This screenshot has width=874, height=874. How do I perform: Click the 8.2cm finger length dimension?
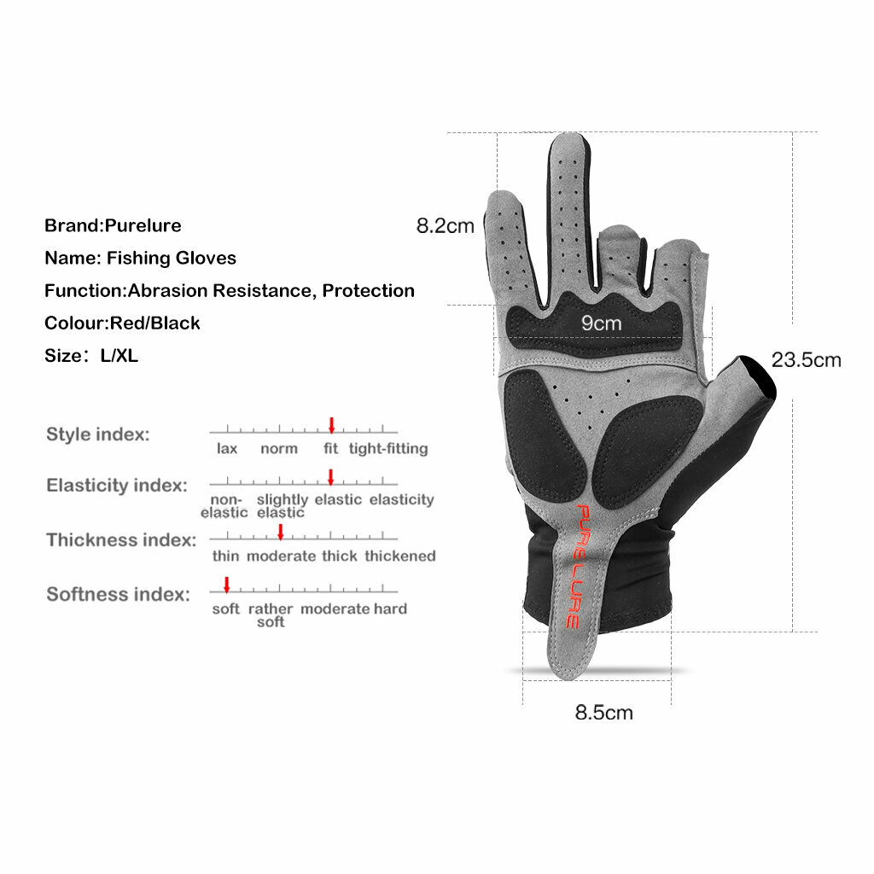tap(445, 225)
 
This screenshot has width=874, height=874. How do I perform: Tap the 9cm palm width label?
tap(601, 323)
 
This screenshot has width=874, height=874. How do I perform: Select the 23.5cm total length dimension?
tap(806, 360)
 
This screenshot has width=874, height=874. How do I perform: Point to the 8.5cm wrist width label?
tap(603, 713)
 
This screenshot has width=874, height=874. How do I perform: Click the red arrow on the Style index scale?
tap(332, 425)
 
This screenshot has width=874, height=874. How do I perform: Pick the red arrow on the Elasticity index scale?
tap(330, 477)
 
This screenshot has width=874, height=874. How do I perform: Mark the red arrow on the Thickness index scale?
tap(280, 532)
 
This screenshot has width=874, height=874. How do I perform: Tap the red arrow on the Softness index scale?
tap(227, 586)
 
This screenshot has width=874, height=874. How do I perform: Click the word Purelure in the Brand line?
tap(143, 225)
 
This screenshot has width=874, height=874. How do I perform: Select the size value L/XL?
tap(119, 356)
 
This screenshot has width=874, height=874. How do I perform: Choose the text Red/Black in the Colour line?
tap(155, 323)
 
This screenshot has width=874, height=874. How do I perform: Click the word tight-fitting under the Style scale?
tap(388, 449)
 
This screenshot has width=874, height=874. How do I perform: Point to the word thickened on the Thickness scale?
tap(400, 556)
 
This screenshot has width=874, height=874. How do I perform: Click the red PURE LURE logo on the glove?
tap(577, 567)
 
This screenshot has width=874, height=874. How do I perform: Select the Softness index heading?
tap(118, 594)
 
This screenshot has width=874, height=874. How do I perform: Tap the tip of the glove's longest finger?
tap(568, 136)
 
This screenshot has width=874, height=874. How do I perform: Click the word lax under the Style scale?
tap(227, 449)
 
